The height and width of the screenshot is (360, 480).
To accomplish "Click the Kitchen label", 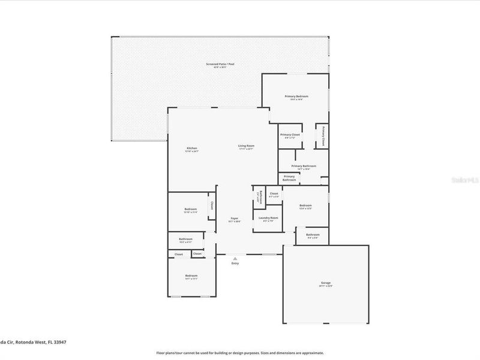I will (x=191, y=149).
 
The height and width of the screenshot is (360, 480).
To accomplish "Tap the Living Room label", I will (x=246, y=146).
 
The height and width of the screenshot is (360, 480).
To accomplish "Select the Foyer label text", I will (x=234, y=220).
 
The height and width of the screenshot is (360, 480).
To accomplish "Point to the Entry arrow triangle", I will (x=234, y=259).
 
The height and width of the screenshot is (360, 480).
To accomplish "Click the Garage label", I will (x=326, y=283).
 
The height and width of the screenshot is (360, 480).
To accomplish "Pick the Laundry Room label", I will (x=268, y=218).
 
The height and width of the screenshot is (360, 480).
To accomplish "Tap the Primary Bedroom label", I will (x=296, y=97).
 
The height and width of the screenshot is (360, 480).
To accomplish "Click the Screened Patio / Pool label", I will (x=220, y=64).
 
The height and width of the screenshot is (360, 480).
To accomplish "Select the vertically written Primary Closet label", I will (x=322, y=136).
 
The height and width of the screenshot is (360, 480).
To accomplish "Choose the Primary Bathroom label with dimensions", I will (x=304, y=167).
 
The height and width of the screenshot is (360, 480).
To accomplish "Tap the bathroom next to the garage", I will (x=312, y=235).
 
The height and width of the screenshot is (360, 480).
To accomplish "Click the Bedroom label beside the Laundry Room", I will (x=305, y=206).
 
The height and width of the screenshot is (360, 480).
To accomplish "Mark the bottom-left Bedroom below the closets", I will (x=191, y=277).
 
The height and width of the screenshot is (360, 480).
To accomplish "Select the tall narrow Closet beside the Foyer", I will (x=212, y=206).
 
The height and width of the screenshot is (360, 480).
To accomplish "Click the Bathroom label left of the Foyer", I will (x=185, y=240).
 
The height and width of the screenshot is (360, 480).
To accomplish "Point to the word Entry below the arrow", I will (x=235, y=264).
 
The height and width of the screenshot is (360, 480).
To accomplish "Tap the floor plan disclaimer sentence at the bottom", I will (x=240, y=353).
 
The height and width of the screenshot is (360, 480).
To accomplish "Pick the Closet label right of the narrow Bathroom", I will (x=273, y=194).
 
